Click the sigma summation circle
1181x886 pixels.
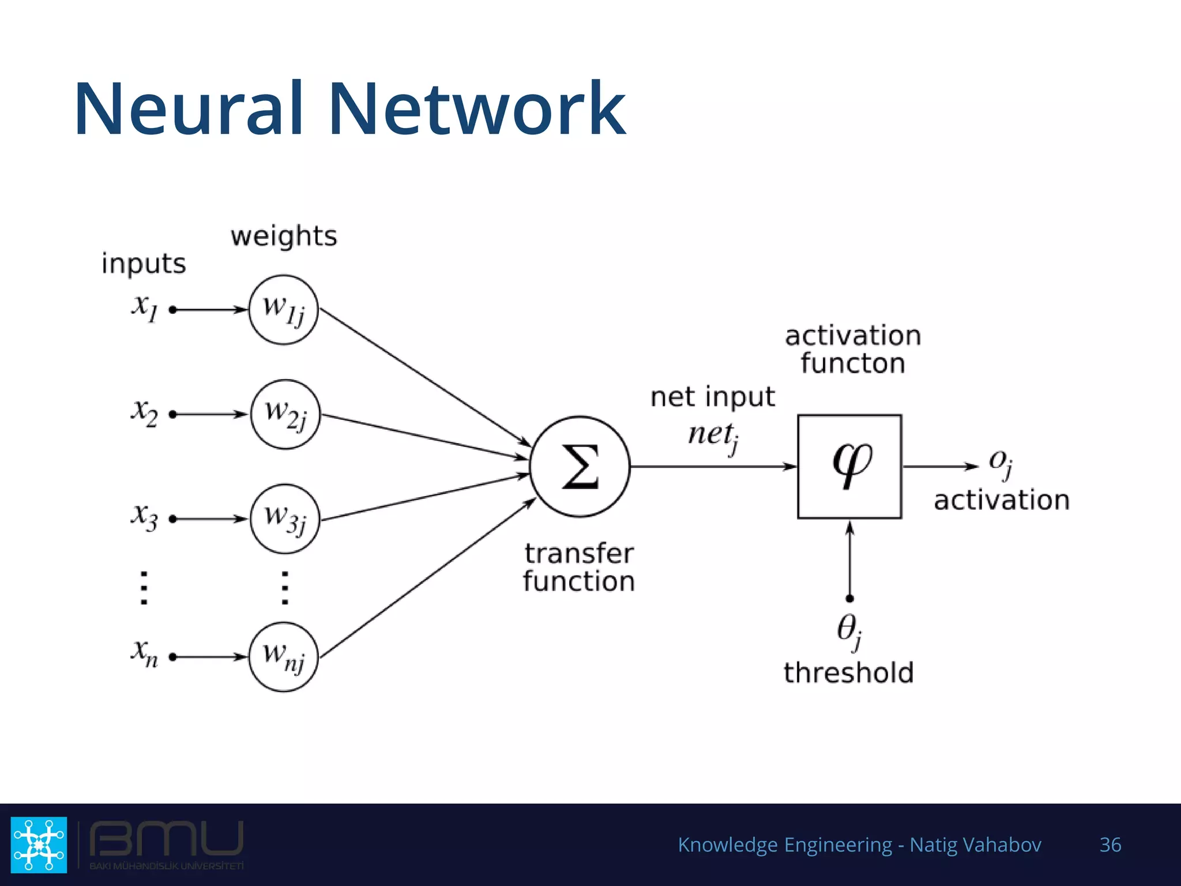580,466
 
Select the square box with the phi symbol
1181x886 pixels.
849,466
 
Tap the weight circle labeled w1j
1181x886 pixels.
283,310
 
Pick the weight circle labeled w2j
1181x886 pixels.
285,414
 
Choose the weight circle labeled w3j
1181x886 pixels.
285,519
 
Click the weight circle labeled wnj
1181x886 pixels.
283,656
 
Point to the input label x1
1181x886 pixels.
144,307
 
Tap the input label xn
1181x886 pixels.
144,653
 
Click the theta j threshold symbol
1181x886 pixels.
849,630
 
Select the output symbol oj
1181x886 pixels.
1001,463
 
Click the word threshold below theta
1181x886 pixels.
849,673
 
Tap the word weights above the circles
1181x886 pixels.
284,236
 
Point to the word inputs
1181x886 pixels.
144,264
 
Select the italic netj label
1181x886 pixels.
713,436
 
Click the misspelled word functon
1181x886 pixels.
852,363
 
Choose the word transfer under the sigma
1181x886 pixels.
579,554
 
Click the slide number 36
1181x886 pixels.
1110,845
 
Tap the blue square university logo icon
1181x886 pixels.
39,844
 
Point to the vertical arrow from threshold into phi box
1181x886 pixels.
849,560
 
